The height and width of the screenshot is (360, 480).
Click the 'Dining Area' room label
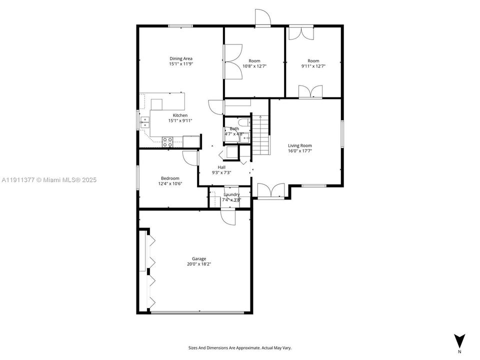[x=181, y=58]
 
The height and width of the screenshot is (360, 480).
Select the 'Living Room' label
[x=300, y=145]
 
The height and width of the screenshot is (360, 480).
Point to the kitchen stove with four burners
[x=167, y=142]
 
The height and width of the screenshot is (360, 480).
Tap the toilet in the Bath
[x=244, y=123]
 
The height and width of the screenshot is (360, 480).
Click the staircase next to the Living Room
[x=260, y=135]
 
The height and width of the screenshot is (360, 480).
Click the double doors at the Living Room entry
[x=270, y=190]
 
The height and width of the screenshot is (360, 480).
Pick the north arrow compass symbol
[x=459, y=340]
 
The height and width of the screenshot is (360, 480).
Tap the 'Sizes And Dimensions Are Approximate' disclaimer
[x=240, y=347]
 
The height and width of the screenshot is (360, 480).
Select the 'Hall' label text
[x=221, y=167]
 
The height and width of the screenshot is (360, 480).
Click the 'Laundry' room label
[x=231, y=194]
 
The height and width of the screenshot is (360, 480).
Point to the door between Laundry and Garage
[x=227, y=217]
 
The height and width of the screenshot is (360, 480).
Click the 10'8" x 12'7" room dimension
[x=254, y=66]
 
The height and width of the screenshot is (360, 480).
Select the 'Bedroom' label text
[x=170, y=178]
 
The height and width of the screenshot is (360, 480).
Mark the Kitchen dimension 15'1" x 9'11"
[x=180, y=120]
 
